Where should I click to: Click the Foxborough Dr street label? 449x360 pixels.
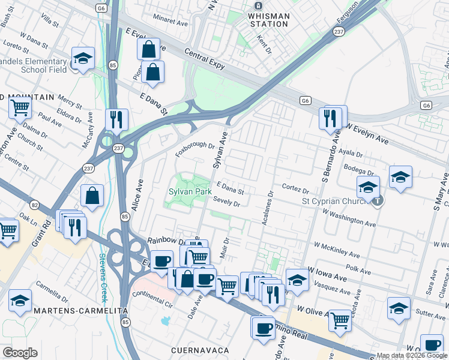click(x=194, y=145)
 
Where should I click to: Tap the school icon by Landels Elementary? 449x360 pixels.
click(x=83, y=59)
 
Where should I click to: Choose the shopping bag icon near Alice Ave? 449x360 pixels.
click(x=92, y=195)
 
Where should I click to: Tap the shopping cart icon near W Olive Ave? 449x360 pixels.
click(x=340, y=320)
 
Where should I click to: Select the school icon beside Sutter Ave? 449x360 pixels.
click(x=399, y=308)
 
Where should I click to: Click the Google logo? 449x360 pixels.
click(x=20, y=353)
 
